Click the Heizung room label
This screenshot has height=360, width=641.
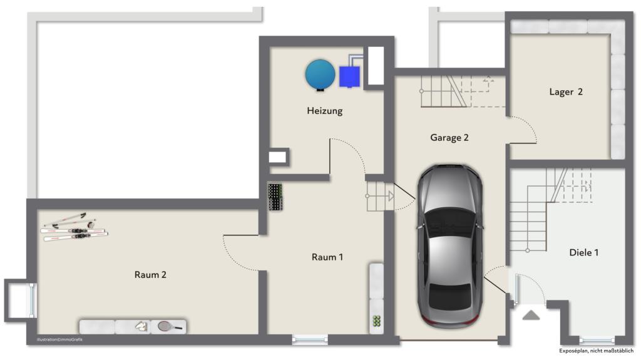(x=324, y=111)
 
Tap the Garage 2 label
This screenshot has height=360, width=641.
(x=449, y=138)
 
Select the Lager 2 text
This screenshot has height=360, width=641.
(x=566, y=92)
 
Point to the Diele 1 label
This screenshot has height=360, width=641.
(x=583, y=252)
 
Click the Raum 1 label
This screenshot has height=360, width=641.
(x=327, y=257)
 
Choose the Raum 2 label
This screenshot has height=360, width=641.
(x=150, y=274)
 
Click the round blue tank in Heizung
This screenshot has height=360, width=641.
(x=320, y=74)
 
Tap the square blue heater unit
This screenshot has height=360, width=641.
(x=349, y=76)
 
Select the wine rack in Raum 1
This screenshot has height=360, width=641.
(x=275, y=197)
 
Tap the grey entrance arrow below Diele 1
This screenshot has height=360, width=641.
(x=531, y=315)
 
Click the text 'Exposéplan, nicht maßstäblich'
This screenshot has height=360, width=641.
(x=597, y=351)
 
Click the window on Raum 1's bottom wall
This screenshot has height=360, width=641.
(x=310, y=340)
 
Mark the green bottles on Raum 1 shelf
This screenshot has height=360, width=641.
(x=377, y=321)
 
